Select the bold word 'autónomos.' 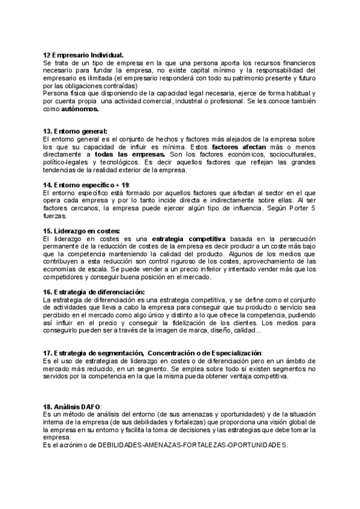pyautogui.click(x=80, y=110)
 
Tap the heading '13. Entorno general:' pyautogui.click(x=75, y=131)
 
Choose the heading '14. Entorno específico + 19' pyautogui.click(x=86, y=185)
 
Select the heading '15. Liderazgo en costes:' pyautogui.click(x=82, y=231)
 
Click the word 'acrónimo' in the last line pyautogui.click(x=71, y=445)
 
